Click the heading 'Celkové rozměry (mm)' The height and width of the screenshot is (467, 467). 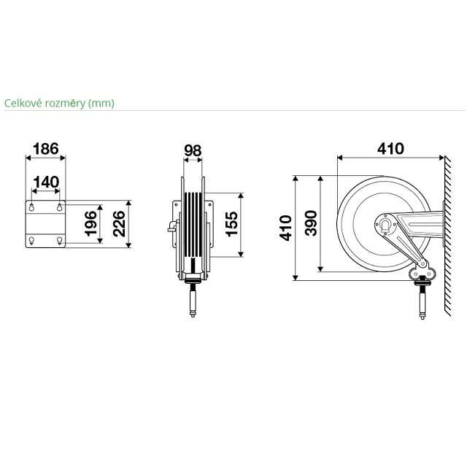click(59, 104)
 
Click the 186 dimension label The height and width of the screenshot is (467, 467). click(45, 149)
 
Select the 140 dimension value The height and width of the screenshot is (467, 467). click(46, 182)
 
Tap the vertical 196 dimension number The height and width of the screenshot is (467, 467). click(90, 224)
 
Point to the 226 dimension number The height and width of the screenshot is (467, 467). click(119, 224)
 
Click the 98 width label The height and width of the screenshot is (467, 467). click(193, 151)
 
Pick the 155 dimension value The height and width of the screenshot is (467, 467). click(232, 224)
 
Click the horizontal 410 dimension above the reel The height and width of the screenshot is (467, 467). click(391, 149)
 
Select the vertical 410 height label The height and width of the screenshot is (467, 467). click(285, 228)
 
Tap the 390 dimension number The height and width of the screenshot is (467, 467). click(312, 223)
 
